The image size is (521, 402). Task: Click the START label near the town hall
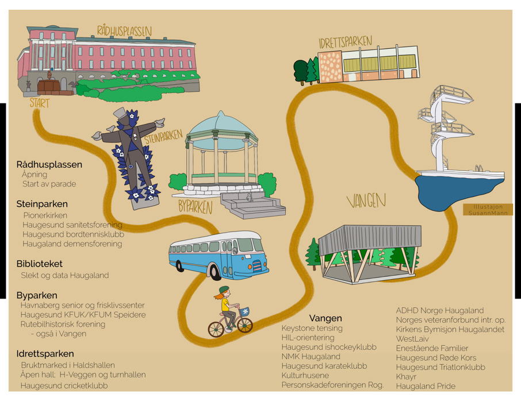[x=40, y=104]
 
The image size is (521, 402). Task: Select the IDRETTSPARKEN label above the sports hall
[x=345, y=42]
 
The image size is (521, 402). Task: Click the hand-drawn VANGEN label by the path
[x=366, y=201]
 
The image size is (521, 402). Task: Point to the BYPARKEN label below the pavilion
[x=196, y=207]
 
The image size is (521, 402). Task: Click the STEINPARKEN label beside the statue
[x=163, y=138]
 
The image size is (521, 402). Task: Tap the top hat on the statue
[x=121, y=113]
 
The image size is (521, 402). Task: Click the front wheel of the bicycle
[x=245, y=325]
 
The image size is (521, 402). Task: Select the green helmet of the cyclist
[x=224, y=289]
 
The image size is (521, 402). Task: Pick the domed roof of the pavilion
[x=221, y=123]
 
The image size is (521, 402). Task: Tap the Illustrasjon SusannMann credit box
[x=488, y=210]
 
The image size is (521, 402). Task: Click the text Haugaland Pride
[x=425, y=386]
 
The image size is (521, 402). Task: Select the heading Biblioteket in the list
[x=40, y=264]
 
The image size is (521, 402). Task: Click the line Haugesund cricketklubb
[x=64, y=385]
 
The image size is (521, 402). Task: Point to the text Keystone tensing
[x=312, y=328]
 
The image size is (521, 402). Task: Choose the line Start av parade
[x=49, y=184]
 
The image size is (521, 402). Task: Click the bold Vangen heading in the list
[x=325, y=318]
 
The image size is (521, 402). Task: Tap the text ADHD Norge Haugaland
[x=440, y=311]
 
